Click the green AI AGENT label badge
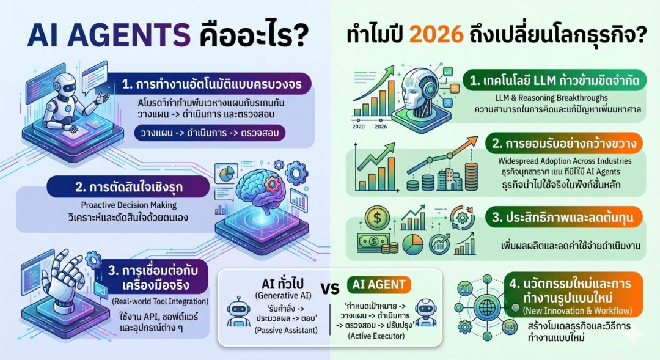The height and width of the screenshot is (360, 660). (378, 284)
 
